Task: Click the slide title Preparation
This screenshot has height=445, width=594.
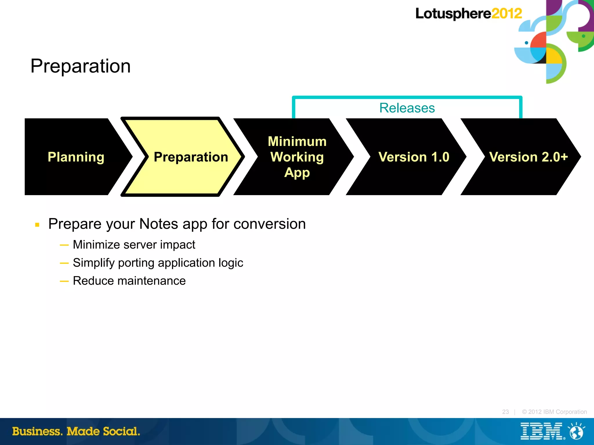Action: click(x=80, y=66)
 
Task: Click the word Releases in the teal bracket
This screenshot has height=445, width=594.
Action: click(x=407, y=108)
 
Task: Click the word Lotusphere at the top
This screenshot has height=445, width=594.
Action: click(x=453, y=14)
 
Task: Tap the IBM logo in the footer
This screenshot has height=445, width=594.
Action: click(x=542, y=431)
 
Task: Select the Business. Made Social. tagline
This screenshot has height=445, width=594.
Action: click(x=76, y=431)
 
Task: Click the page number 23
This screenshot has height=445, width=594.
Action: click(x=505, y=412)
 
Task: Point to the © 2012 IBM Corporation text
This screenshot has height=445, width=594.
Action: click(x=554, y=412)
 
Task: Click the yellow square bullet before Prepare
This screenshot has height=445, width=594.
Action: click(x=37, y=225)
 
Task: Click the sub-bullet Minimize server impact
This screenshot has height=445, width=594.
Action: click(x=134, y=245)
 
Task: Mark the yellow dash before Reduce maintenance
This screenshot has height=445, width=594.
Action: click(x=64, y=281)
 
